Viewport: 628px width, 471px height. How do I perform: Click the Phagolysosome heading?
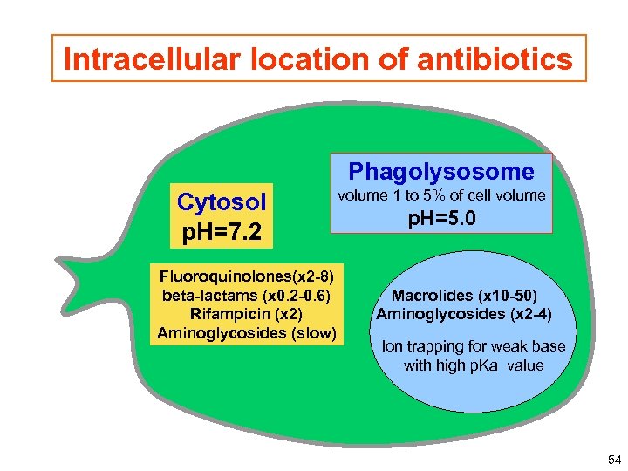click(441, 171)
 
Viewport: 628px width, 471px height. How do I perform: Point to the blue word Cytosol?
click(221, 202)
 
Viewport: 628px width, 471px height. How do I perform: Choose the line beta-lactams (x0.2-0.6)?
click(247, 296)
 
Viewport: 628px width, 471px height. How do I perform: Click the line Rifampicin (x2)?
click(247, 314)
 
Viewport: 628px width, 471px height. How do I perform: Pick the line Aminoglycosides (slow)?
click(247, 332)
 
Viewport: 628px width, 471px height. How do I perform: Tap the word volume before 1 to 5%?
click(362, 195)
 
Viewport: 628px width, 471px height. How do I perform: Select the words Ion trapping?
click(424, 346)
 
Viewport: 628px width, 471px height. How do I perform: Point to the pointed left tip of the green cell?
click(58, 260)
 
